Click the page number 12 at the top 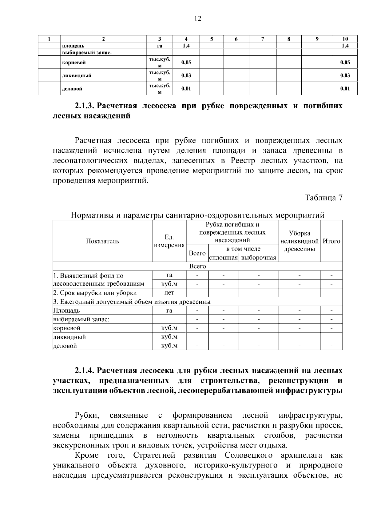click(x=198, y=19)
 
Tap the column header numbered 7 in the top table click(x=262, y=39)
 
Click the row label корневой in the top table click(x=74, y=62)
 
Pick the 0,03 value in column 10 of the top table click(x=345, y=75)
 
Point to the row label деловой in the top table click(x=72, y=89)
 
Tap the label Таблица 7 click(x=323, y=198)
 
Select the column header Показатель click(x=102, y=241)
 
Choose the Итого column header click(x=331, y=241)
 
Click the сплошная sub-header click(x=223, y=258)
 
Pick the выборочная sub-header click(x=259, y=258)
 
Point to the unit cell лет click(x=169, y=292)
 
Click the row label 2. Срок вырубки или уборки click(x=95, y=293)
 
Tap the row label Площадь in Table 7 click(x=66, y=311)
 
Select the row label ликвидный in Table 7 click(x=69, y=337)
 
